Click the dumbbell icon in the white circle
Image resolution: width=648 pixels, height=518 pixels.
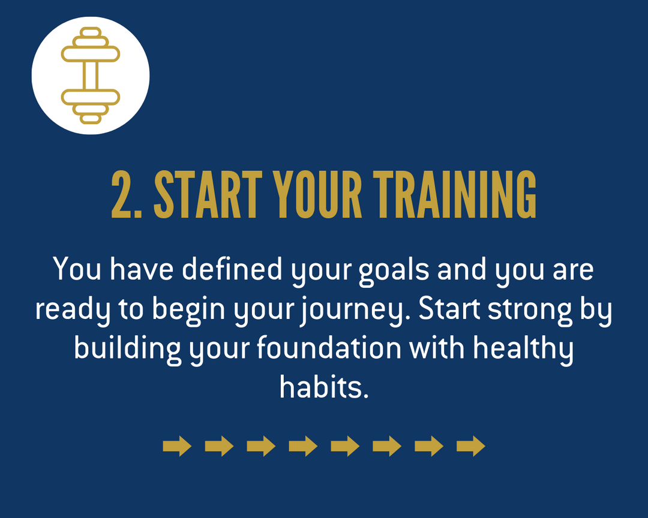[91, 75]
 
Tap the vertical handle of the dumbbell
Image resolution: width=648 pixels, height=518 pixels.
[91, 75]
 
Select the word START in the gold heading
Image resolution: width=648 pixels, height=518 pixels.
[208, 194]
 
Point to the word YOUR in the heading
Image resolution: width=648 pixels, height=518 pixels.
[317, 194]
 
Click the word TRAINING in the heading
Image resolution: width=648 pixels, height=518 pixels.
[455, 194]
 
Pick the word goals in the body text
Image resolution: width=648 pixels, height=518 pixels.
[394, 271]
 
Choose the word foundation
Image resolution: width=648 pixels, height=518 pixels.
[329, 348]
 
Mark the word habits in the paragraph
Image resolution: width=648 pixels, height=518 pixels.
[323, 387]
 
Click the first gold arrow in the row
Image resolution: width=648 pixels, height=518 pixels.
[177, 446]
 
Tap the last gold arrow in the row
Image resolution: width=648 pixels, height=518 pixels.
[471, 446]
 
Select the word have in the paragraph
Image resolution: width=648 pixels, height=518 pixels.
[142, 269]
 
